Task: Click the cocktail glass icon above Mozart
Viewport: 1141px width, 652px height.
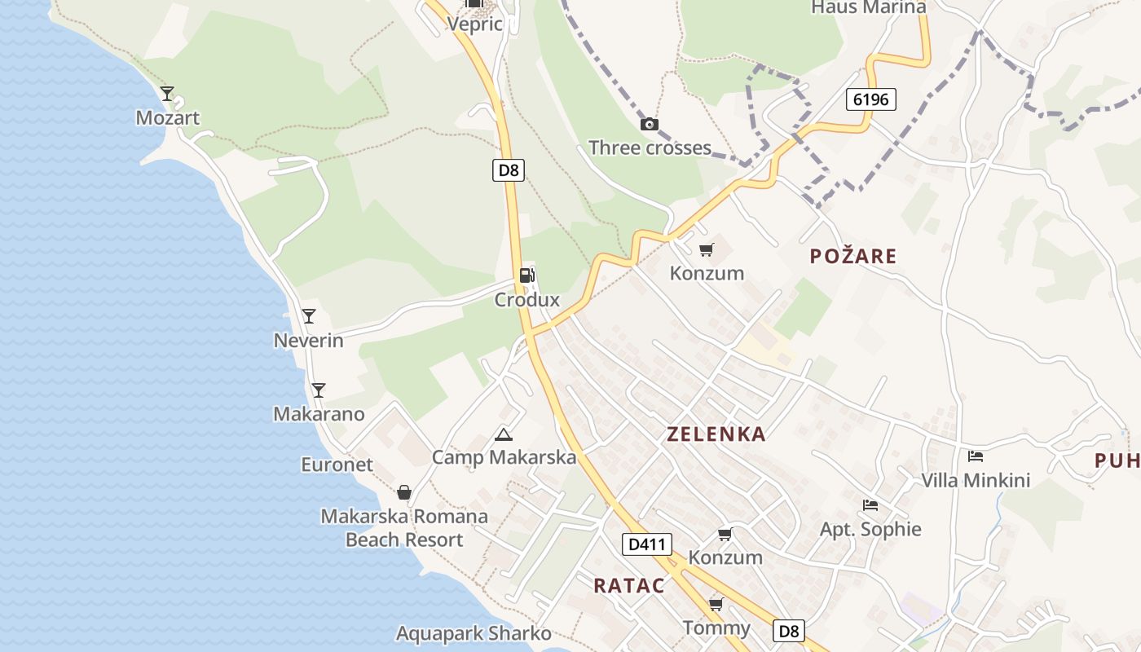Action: pos(167,94)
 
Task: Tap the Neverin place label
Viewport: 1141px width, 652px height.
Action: pos(308,341)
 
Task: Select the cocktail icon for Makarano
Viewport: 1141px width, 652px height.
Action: pos(319,390)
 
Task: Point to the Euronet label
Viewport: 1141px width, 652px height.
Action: pos(337,465)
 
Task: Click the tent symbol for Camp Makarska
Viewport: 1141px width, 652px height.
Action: pos(504,434)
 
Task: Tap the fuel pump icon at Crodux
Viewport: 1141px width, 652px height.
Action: pos(526,275)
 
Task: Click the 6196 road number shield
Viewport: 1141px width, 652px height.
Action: pos(870,99)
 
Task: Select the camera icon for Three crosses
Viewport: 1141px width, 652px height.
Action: pos(650,124)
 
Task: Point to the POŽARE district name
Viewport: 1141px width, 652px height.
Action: pos(853,256)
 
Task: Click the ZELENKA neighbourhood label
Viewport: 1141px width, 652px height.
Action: pos(716,434)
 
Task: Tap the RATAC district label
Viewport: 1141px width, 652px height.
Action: pos(628,585)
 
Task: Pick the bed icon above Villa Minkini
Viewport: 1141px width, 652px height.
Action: pos(976,456)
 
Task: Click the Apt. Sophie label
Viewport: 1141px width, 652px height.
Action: pos(870,529)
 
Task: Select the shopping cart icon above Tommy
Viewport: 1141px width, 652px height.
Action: pos(716,604)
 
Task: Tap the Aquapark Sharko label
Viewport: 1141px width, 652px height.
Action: pos(474,633)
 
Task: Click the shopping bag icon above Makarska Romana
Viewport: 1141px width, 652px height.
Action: pos(403,492)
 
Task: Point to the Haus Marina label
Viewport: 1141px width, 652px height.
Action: pos(869,7)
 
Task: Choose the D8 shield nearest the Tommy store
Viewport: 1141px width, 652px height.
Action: pos(788,631)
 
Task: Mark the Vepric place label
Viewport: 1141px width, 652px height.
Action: pos(474,24)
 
